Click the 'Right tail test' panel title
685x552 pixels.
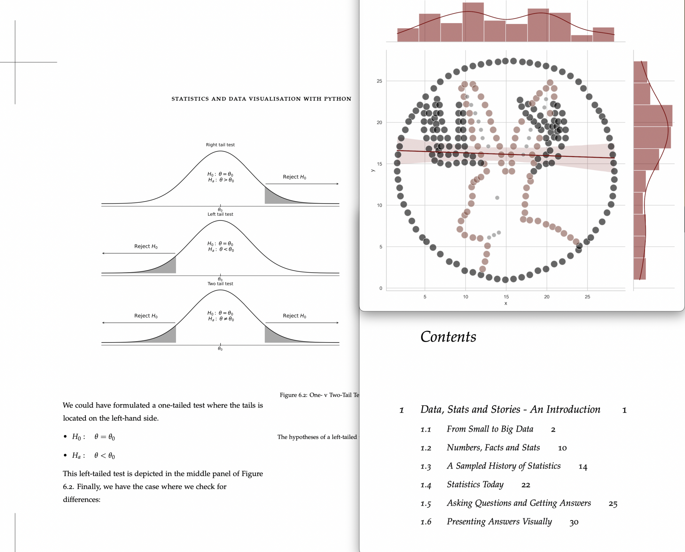(220, 145)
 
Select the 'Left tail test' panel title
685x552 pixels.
(220, 214)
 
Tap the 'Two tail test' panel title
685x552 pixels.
(220, 284)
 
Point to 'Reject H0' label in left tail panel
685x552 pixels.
(146, 246)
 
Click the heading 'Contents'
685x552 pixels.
(448, 337)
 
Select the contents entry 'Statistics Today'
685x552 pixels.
(475, 485)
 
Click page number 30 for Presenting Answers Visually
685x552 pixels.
(574, 522)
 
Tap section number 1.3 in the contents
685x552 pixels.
(426, 467)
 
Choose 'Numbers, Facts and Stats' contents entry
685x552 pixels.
(493, 448)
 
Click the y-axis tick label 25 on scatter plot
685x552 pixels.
(379, 81)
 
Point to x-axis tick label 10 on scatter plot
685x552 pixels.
(466, 297)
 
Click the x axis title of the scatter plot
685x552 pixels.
(506, 304)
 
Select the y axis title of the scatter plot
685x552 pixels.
(373, 170)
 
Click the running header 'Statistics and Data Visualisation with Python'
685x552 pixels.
(261, 99)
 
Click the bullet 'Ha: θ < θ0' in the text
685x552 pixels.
(94, 456)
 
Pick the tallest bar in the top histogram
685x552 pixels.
(473, 22)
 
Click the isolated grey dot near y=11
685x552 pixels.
(497, 198)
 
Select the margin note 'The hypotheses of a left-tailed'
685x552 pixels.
(317, 437)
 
